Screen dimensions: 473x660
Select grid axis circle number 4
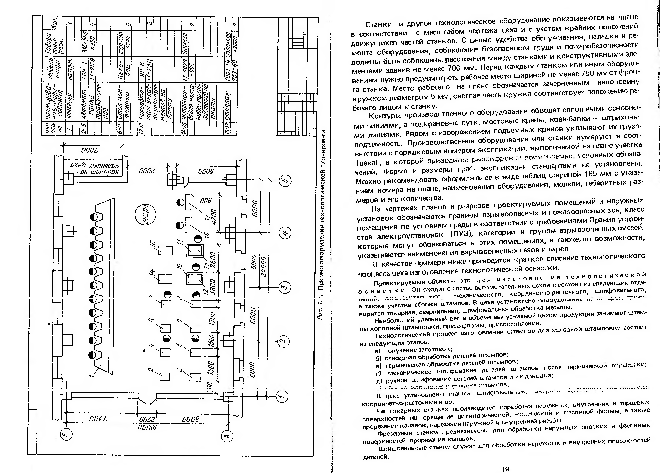point(285,233)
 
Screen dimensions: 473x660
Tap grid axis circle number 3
point(284,287)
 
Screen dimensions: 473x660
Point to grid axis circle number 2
point(282,341)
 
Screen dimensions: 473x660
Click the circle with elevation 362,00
point(145,215)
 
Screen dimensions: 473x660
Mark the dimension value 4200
point(214,217)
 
